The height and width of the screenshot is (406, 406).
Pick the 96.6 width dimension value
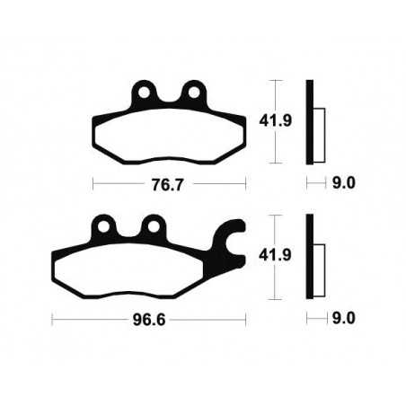tap(148, 318)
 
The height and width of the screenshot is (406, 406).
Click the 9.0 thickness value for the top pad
tap(345, 183)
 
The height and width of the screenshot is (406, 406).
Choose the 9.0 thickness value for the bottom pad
tap(345, 318)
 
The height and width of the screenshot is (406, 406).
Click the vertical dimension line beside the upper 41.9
tap(275, 122)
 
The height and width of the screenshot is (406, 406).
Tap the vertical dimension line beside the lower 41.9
tap(275, 257)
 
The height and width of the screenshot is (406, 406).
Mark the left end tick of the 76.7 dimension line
tap(93, 183)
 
